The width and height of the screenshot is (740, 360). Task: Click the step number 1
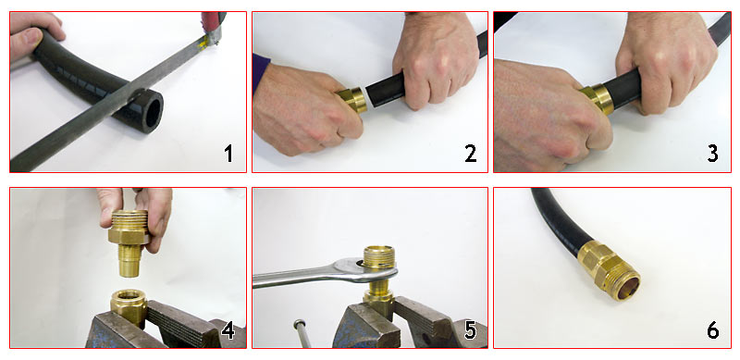pos(228,154)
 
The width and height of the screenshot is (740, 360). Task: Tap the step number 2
pos(471,154)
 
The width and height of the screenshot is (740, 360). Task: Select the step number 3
pos(712,154)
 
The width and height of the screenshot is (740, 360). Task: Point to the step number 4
pos(228,330)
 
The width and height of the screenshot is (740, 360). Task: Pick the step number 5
pos(471,330)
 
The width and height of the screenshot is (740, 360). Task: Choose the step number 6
pos(712,330)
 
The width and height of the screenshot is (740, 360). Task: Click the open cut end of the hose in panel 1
pos(150,112)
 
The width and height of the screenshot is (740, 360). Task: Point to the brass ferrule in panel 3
pos(598,99)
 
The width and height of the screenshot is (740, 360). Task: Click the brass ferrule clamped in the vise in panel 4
pos(129,306)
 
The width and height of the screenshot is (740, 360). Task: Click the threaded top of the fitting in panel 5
pos(379,256)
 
